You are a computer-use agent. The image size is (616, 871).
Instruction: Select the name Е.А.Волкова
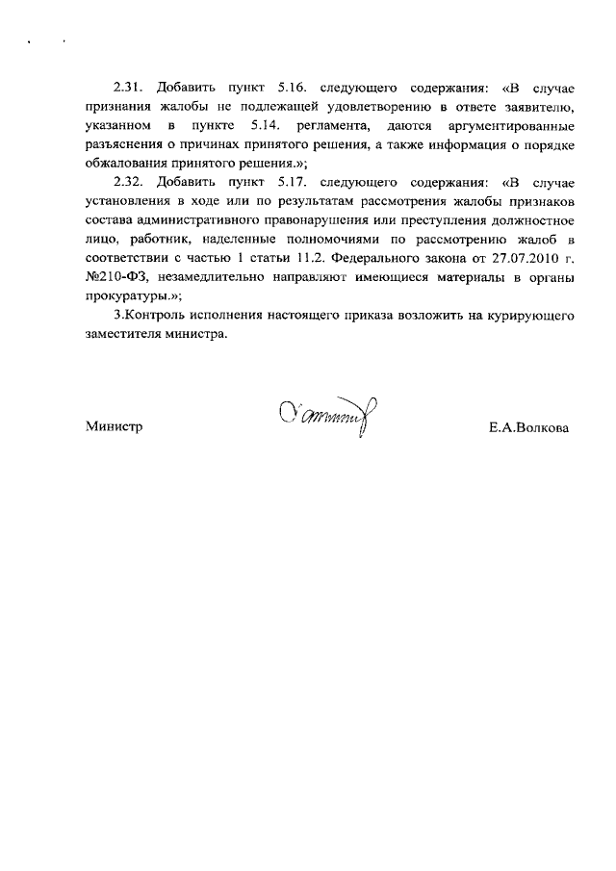click(x=529, y=426)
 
